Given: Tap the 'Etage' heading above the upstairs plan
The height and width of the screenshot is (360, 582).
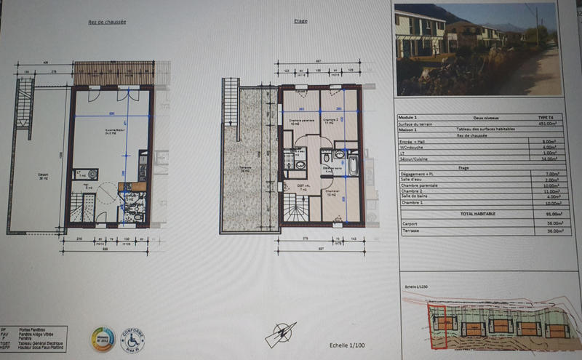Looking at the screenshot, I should click(x=300, y=21).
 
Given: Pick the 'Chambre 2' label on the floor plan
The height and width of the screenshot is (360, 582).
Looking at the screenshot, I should click(x=332, y=119).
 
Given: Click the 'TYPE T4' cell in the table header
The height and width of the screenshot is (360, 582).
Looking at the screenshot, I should click(x=546, y=116).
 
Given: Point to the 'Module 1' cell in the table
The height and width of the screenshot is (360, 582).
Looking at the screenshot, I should click(x=408, y=116).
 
